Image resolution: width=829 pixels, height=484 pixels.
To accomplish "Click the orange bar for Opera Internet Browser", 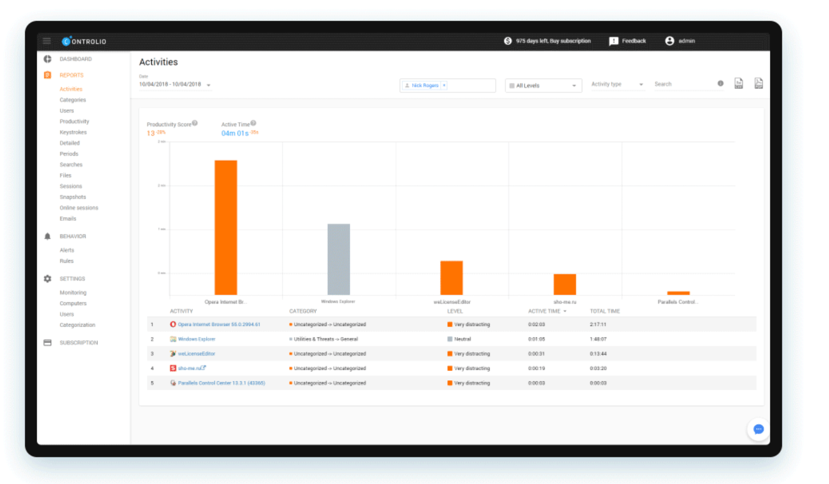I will click(x=225, y=227).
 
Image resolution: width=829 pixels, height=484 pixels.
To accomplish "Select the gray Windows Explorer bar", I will click(x=338, y=259).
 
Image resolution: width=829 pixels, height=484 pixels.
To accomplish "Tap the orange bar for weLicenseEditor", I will click(x=451, y=278).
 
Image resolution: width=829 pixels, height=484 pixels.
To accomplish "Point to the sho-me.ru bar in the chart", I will click(x=564, y=284).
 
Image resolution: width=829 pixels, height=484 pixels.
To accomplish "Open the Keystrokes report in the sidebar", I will click(x=73, y=132).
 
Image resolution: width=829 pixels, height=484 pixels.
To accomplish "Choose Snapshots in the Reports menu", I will click(x=72, y=197).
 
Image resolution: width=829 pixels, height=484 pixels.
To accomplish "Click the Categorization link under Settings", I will click(x=77, y=325).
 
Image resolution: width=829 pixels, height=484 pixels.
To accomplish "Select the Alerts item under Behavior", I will click(x=67, y=250).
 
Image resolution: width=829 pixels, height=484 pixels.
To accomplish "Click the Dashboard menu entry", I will click(x=76, y=59).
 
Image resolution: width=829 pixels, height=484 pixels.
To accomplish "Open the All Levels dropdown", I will click(x=543, y=86).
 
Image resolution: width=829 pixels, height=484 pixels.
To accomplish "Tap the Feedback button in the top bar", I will click(x=628, y=41).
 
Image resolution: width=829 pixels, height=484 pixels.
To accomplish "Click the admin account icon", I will click(x=669, y=41).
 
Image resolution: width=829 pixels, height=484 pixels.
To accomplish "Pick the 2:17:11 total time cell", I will click(x=598, y=324).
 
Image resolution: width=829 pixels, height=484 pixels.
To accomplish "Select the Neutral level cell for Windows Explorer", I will click(x=462, y=339).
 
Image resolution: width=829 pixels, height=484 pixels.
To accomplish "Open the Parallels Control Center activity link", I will click(x=221, y=383).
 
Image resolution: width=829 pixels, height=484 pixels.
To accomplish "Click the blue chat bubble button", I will click(x=758, y=429).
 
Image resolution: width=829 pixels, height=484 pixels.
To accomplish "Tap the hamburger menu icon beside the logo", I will click(x=47, y=41).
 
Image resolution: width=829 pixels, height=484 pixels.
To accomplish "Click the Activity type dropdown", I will click(x=617, y=85).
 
